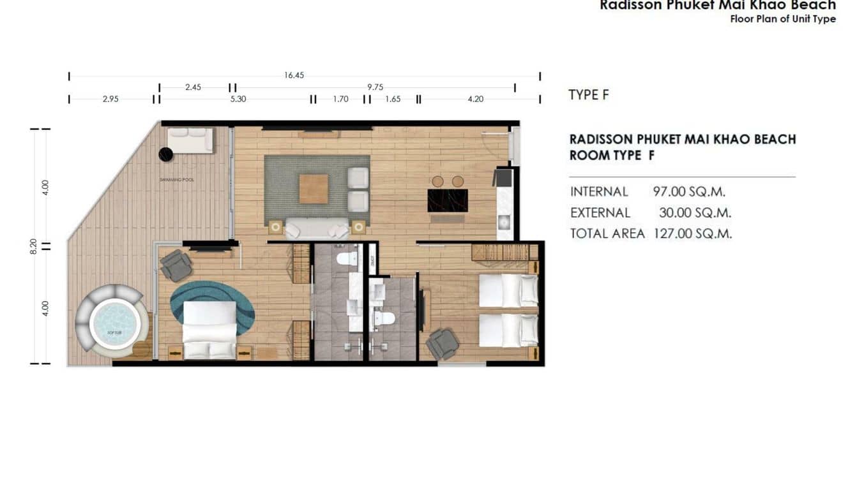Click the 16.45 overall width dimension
tap(294, 75)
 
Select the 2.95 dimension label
tap(110, 99)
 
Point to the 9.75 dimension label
tap(375, 87)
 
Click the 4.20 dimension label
tap(476, 99)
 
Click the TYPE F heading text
tap(588, 95)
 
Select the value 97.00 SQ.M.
tap(689, 191)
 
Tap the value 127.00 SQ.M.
tap(692, 233)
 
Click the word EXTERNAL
tap(600, 213)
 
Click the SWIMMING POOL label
tap(177, 181)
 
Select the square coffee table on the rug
tap(314, 189)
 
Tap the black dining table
tap(447, 200)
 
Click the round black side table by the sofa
tap(165, 154)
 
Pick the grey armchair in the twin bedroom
tap(442, 344)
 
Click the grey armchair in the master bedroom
tap(176, 265)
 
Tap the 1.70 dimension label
tap(340, 99)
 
